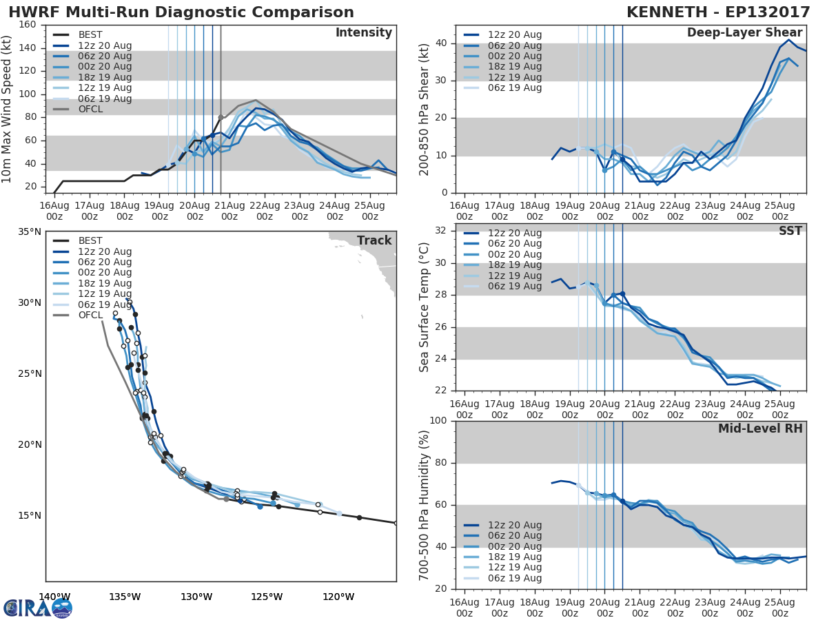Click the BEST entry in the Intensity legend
[x=90, y=35]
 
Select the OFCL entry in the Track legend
[x=90, y=316]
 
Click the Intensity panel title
[x=363, y=33]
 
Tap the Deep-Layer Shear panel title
[x=744, y=33]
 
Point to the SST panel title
[x=790, y=231]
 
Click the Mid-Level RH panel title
[x=760, y=429]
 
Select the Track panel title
[x=374, y=240]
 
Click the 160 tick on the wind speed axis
[x=28, y=25]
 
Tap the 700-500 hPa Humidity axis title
[x=425, y=504]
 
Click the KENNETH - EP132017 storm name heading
[x=716, y=12]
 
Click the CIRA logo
[x=38, y=608]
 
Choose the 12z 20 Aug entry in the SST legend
[x=514, y=234]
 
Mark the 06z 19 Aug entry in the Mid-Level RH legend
[x=514, y=579]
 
